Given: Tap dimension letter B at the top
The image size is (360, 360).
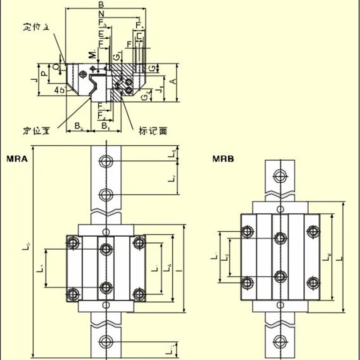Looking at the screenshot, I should [101, 4].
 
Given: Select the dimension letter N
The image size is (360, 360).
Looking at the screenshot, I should [101, 13].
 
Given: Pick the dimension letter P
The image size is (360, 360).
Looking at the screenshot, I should [44, 73].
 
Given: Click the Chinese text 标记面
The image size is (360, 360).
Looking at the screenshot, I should [153, 131].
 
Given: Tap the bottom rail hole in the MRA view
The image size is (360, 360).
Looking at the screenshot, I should [106, 340].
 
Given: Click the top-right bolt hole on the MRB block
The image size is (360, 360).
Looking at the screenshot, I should [312, 231].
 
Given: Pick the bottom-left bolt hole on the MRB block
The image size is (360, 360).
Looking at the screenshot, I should [247, 283].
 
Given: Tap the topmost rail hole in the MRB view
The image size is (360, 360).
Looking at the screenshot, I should [281, 175].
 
